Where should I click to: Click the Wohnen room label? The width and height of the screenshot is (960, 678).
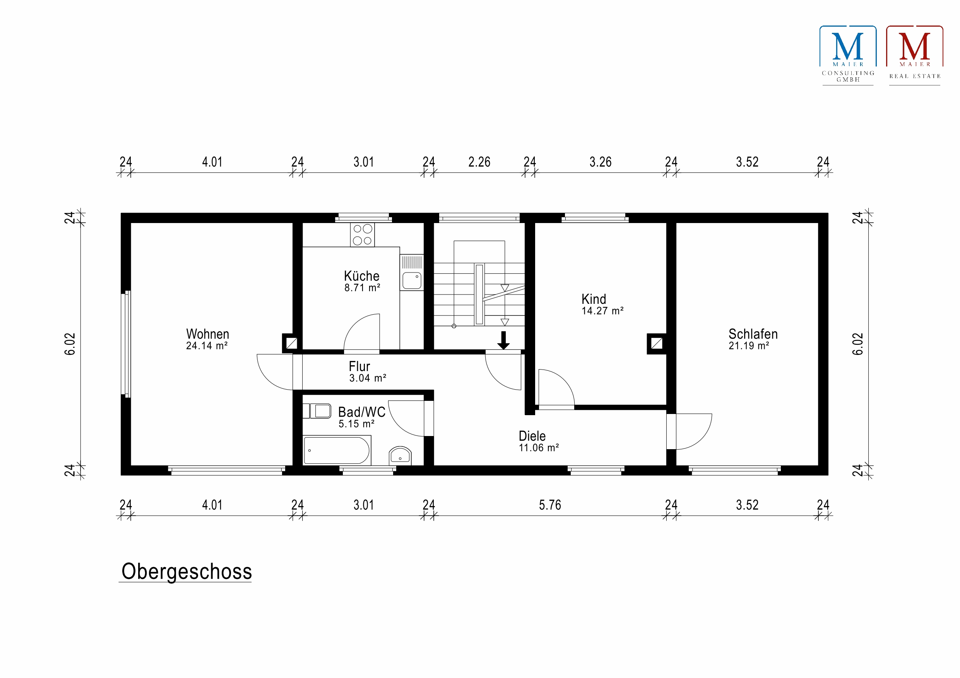pyautogui.click(x=207, y=334)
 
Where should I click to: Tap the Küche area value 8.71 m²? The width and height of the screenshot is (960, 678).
pyautogui.click(x=362, y=288)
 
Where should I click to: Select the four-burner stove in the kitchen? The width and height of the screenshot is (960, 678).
pyautogui.click(x=362, y=235)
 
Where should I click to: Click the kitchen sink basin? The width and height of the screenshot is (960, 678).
pyautogui.click(x=412, y=281)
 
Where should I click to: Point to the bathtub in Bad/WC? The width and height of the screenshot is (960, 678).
pyautogui.click(x=337, y=451)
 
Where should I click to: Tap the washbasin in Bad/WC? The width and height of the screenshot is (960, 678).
pyautogui.click(x=400, y=456)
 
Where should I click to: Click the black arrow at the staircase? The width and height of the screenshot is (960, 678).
pyautogui.click(x=503, y=341)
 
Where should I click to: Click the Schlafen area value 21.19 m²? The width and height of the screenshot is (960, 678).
pyautogui.click(x=749, y=346)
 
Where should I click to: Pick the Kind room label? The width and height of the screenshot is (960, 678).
pyautogui.click(x=594, y=299)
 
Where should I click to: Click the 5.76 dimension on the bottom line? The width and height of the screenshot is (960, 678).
pyautogui.click(x=550, y=505)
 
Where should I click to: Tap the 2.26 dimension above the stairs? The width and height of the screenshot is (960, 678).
pyautogui.click(x=479, y=162)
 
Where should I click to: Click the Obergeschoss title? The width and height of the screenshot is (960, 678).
pyautogui.click(x=187, y=571)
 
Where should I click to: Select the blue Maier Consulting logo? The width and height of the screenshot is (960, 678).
pyautogui.click(x=847, y=55)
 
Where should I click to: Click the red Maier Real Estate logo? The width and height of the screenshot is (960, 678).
pyautogui.click(x=914, y=55)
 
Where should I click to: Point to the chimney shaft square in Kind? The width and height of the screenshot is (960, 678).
pyautogui.click(x=657, y=344)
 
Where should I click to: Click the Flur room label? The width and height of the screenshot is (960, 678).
pyautogui.click(x=359, y=366)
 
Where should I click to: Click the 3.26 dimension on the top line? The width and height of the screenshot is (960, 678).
pyautogui.click(x=601, y=162)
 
